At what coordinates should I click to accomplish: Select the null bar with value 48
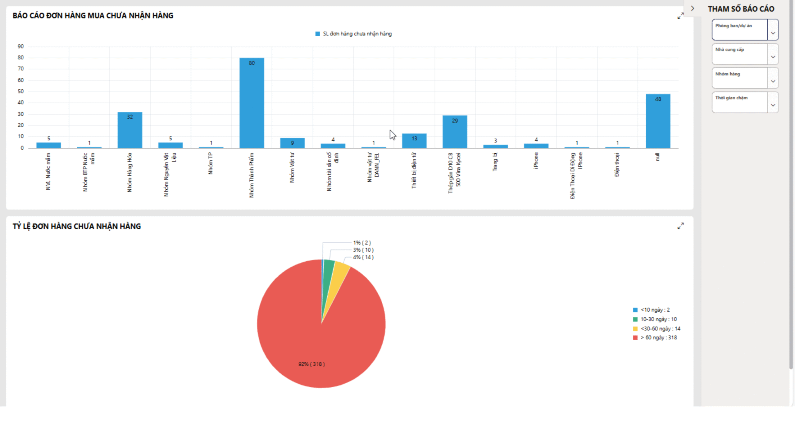pyautogui.click(x=658, y=121)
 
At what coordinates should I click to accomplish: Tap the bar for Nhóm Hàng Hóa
pyautogui.click(x=130, y=130)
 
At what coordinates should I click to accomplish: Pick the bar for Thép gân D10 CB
pyautogui.click(x=455, y=132)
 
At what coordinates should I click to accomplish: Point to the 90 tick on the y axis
pyautogui.click(x=20, y=47)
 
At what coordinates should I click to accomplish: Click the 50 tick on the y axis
pyautogui.click(x=20, y=92)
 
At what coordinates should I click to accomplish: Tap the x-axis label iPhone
pyautogui.click(x=536, y=160)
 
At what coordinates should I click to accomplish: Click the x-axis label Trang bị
pyautogui.click(x=495, y=162)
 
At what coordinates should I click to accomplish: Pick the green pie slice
pyautogui.click(x=328, y=270)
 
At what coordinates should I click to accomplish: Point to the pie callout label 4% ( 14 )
pyautogui.click(x=363, y=257)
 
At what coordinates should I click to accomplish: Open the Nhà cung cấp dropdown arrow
pyautogui.click(x=773, y=57)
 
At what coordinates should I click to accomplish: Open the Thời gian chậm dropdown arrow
pyautogui.click(x=773, y=105)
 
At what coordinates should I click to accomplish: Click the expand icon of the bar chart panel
pyautogui.click(x=680, y=16)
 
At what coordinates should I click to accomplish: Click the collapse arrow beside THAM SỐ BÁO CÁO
pyautogui.click(x=693, y=9)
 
